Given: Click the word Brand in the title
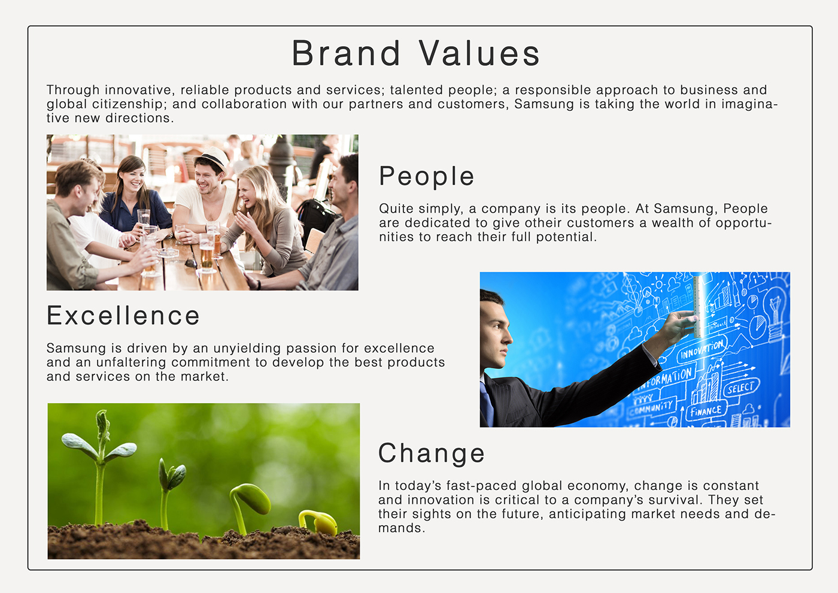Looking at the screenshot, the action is pos(347,53).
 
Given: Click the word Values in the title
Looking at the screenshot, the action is pos(479,53).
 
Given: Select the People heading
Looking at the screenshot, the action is pos(426,177).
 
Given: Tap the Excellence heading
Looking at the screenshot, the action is pos(123,316).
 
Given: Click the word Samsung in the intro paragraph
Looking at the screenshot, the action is pos(544,104).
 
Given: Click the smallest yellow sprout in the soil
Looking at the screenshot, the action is pos(318,522).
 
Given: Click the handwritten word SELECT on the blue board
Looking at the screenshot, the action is pos(741,388).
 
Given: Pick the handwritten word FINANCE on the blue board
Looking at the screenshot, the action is pos(706,411).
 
